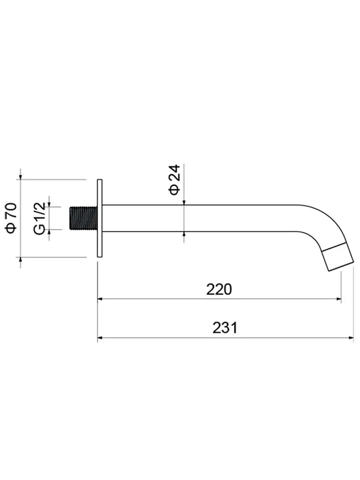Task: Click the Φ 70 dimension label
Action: coord(12,217)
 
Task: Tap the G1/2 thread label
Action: coord(40,218)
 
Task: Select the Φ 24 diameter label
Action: coord(175,180)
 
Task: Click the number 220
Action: coord(219,289)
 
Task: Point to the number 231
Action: coord(225,328)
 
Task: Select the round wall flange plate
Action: coord(99,218)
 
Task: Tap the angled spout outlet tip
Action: coord(338,256)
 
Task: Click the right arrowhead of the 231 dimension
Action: coord(351,337)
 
